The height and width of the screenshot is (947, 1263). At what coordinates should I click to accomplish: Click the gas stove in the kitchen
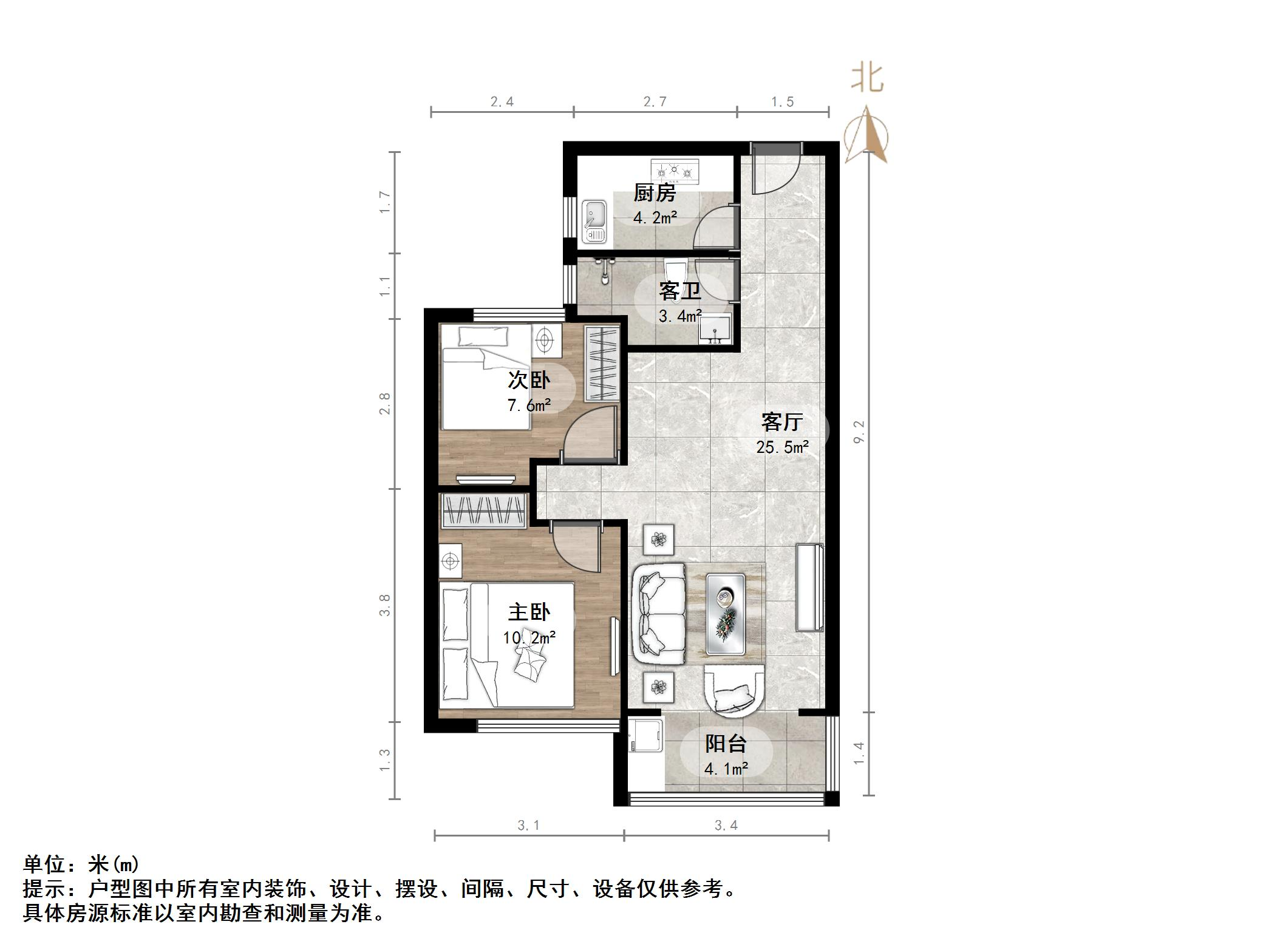(x=675, y=172)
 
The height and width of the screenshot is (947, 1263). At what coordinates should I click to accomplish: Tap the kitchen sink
(x=594, y=222)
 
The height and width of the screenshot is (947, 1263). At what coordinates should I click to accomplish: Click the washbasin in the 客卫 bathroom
(x=715, y=329)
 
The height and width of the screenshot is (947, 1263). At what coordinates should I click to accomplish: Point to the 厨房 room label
(x=655, y=194)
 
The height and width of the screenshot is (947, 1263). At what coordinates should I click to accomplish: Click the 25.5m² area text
(x=782, y=447)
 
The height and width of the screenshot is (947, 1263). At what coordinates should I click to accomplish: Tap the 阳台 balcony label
(x=726, y=744)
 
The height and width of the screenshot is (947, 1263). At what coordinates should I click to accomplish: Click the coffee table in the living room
(x=725, y=614)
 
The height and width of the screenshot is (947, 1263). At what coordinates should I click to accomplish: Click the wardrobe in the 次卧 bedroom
(x=602, y=363)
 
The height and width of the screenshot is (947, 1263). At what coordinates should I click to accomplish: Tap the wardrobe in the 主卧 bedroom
(x=483, y=510)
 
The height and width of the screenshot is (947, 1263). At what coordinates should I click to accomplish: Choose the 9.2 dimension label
(x=859, y=432)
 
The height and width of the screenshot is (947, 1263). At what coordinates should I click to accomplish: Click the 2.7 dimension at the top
(x=655, y=102)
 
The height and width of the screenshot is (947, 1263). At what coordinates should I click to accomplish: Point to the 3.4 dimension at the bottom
(x=726, y=826)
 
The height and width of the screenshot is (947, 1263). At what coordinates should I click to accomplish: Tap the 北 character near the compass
(x=867, y=79)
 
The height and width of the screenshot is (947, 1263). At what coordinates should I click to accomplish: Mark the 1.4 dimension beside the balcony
(x=859, y=754)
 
